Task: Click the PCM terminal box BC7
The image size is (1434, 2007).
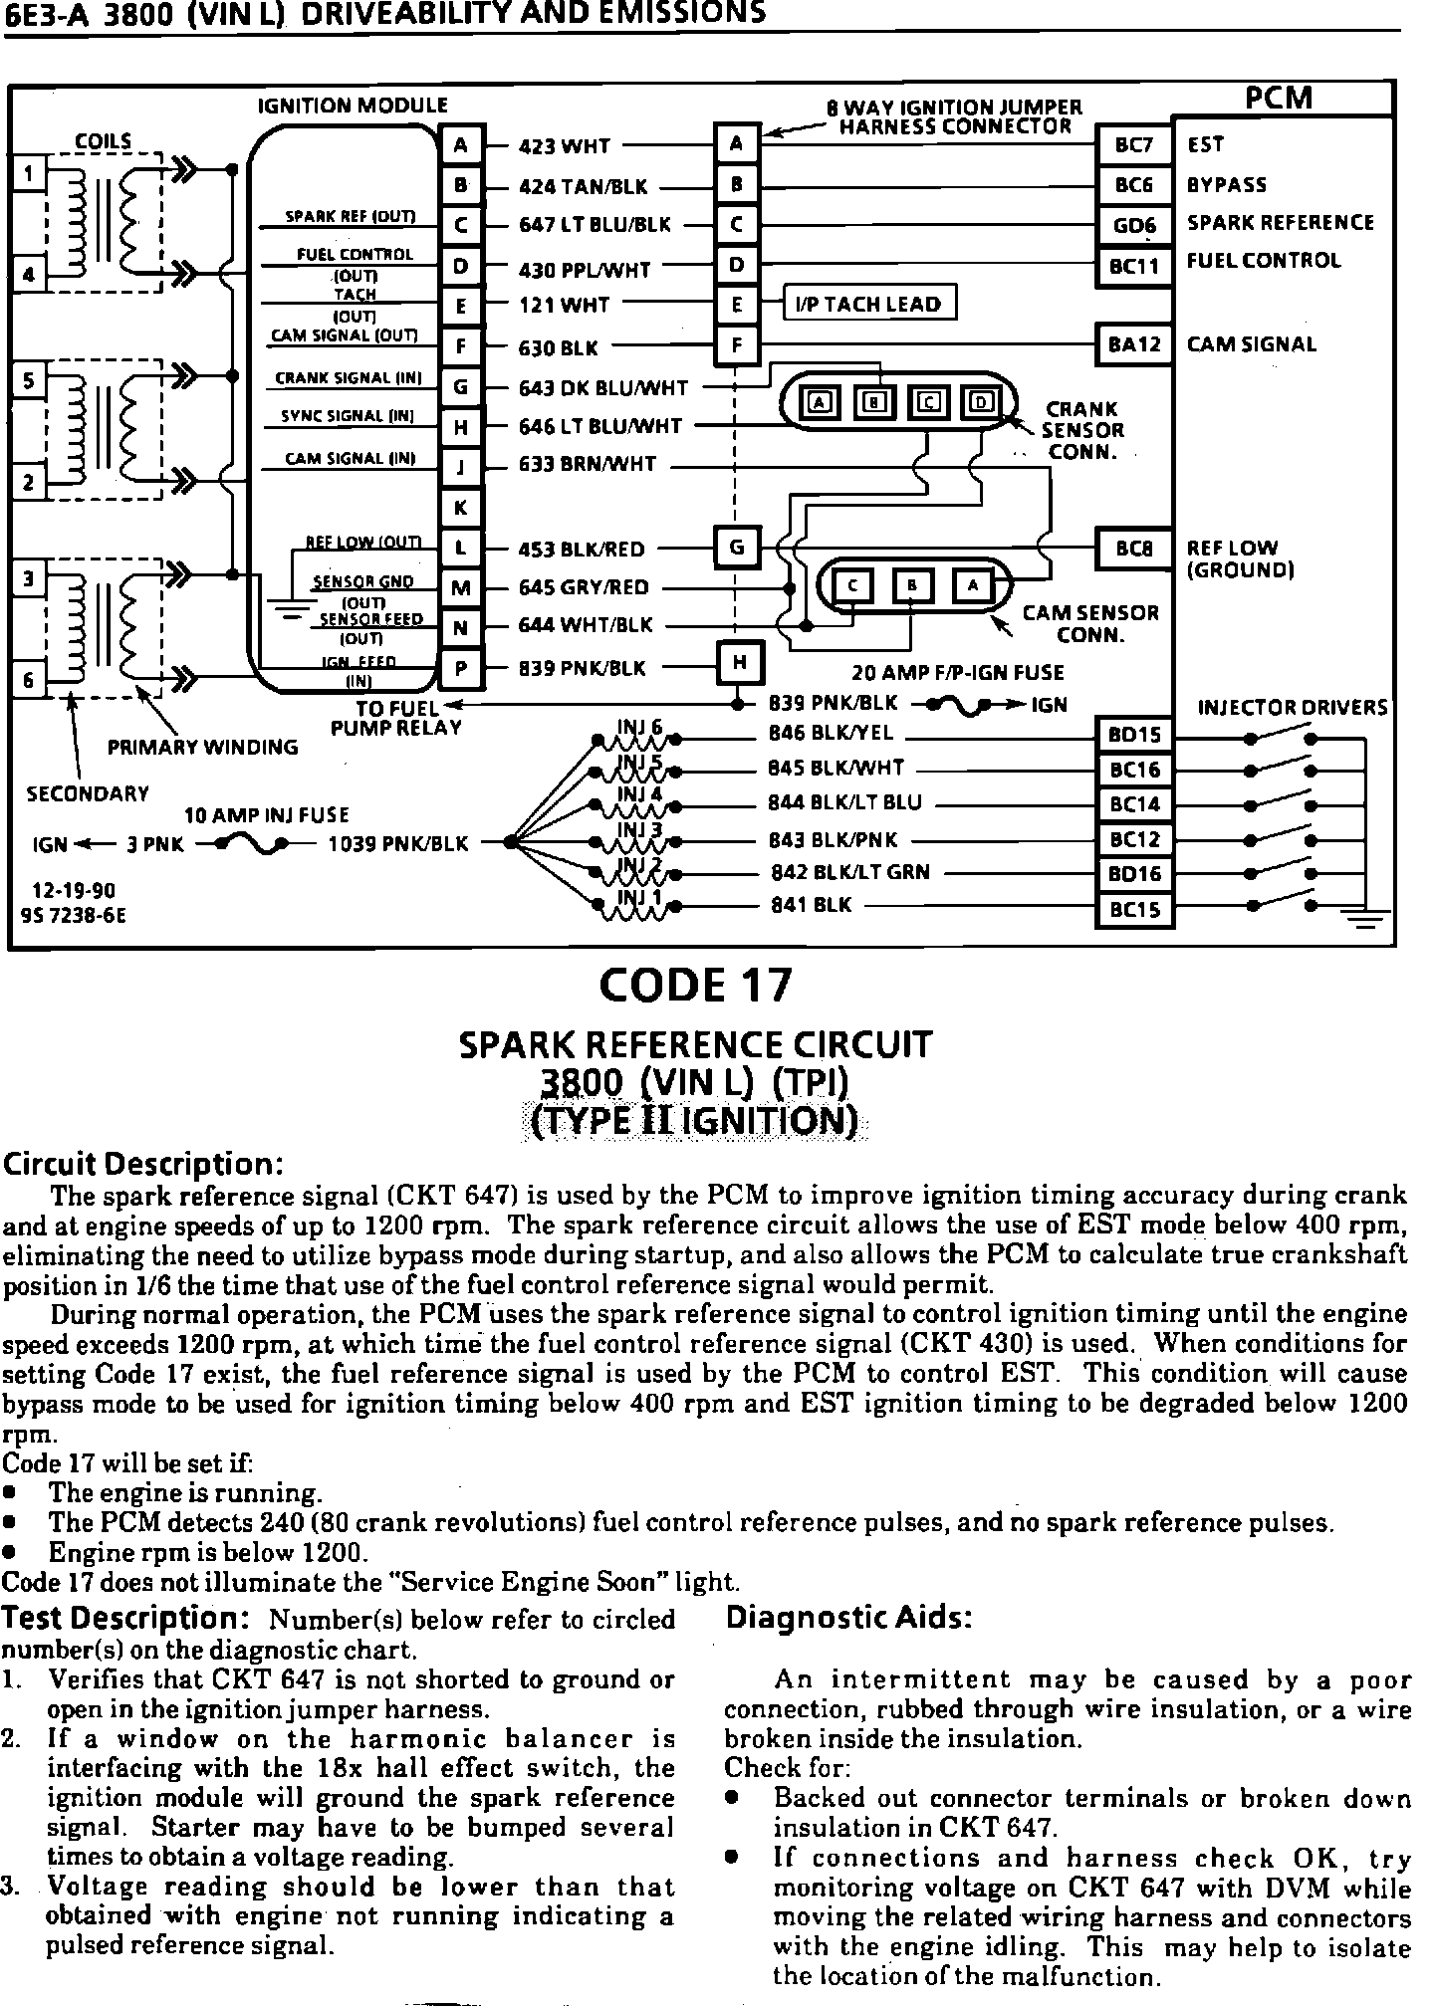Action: coord(1134,145)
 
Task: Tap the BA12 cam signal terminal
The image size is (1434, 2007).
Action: coord(1134,345)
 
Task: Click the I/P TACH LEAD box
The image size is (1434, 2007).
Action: coord(870,305)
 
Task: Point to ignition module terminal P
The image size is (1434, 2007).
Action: coord(461,669)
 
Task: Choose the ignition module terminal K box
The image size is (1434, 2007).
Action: coord(461,508)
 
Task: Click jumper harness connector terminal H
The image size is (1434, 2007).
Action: coord(738,662)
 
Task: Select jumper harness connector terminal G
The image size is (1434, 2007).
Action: coord(738,547)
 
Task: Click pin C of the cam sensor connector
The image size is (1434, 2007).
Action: coord(852,585)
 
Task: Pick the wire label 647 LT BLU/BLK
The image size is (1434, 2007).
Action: coord(596,225)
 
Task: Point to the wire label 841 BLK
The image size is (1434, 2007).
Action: coord(811,906)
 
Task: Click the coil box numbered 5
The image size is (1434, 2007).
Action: coord(29,380)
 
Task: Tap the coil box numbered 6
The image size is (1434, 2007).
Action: coord(29,681)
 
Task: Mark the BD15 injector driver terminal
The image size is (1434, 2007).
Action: coord(1134,736)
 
